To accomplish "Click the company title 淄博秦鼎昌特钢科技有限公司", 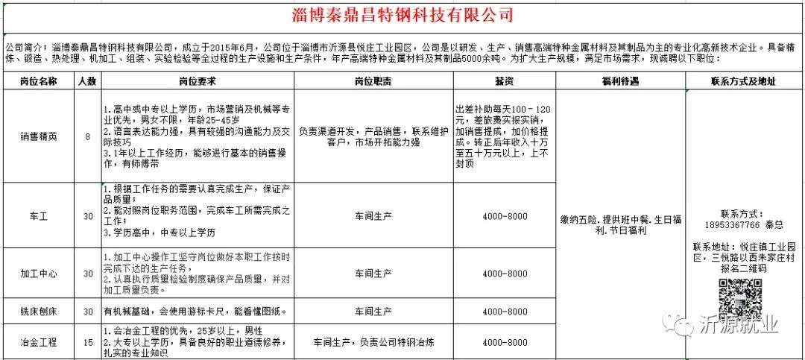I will tap(402, 14).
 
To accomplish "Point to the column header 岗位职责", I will tap(373, 81).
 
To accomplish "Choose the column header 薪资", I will tap(504, 81).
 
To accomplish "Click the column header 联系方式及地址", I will tap(743, 81).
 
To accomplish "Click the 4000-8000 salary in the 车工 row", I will tap(504, 215).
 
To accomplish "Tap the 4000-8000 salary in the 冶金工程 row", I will tap(504, 342).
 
